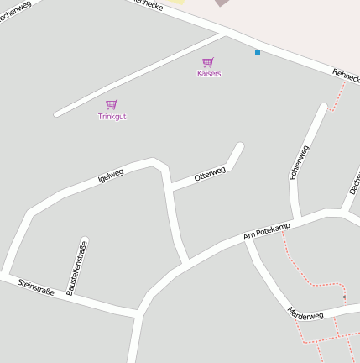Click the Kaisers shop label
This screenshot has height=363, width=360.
pyautogui.click(x=209, y=74)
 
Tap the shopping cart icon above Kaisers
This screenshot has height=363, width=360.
pyautogui.click(x=208, y=62)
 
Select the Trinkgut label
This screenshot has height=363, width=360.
pyautogui.click(x=112, y=116)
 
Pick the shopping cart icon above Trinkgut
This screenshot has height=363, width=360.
pyautogui.click(x=112, y=104)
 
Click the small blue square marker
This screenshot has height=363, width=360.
pyautogui.click(x=258, y=52)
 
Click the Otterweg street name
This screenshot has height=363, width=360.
pyautogui.click(x=210, y=174)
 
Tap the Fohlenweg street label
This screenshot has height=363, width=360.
pyautogui.click(x=299, y=161)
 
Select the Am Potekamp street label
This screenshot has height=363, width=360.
pyautogui.click(x=266, y=232)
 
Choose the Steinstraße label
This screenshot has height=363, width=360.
pyautogui.click(x=36, y=287)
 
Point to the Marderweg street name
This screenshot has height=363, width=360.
pyautogui.click(x=305, y=314)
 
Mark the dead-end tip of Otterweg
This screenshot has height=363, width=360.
pyautogui.click(x=240, y=147)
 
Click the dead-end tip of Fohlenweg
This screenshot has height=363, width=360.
pyautogui.click(x=323, y=108)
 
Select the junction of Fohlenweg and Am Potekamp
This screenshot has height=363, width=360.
pyautogui.click(x=297, y=216)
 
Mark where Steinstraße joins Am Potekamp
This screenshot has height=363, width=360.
pyautogui.click(x=137, y=313)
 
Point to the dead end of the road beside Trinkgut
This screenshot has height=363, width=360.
pyautogui.click(x=57, y=113)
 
